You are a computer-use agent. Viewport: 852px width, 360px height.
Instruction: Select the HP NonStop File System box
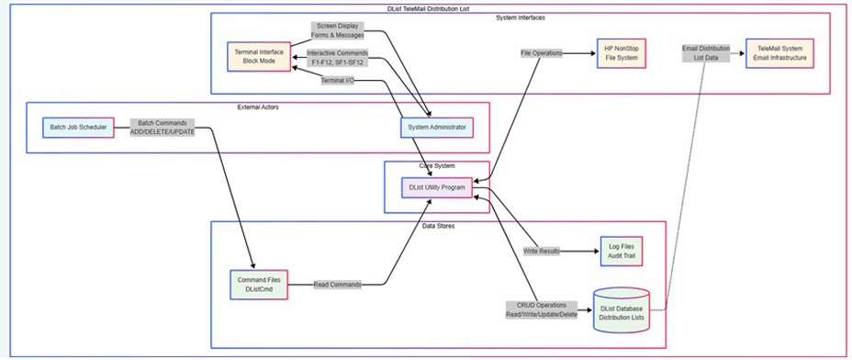(620, 52)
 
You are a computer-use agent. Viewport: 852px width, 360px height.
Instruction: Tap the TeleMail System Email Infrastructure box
(779, 52)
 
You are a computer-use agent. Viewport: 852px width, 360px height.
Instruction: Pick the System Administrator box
(437, 127)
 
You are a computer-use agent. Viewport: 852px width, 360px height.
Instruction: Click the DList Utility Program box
(437, 187)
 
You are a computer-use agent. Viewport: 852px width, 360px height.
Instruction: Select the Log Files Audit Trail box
(614, 250)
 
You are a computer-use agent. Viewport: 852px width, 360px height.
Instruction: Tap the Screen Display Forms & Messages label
(338, 30)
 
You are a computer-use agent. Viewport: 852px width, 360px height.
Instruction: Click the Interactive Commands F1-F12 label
(337, 58)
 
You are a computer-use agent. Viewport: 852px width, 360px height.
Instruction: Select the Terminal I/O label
(337, 81)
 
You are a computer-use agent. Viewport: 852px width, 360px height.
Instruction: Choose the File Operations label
(541, 52)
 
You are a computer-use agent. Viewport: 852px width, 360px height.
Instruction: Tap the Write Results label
(543, 250)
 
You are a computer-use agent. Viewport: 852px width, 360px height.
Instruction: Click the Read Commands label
(337, 284)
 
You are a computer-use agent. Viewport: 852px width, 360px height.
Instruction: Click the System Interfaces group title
(520, 17)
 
